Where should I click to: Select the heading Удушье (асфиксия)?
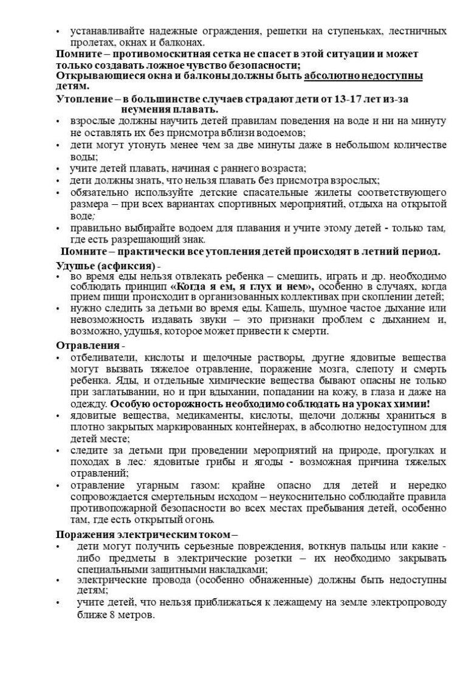click(x=105, y=265)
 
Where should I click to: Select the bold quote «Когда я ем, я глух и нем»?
click(x=242, y=286)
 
